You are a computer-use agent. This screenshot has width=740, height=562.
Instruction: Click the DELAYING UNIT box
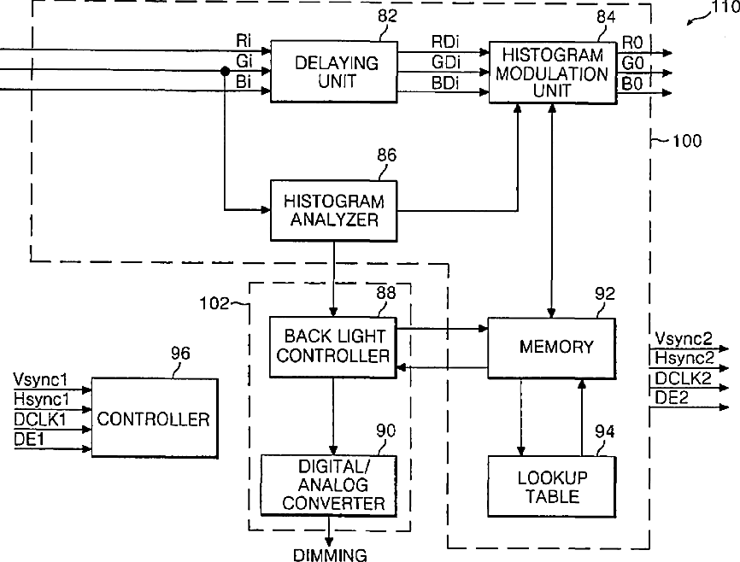(x=333, y=72)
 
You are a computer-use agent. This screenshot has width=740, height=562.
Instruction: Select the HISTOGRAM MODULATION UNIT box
(x=553, y=73)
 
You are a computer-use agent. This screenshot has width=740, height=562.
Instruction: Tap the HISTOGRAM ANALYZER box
(x=333, y=210)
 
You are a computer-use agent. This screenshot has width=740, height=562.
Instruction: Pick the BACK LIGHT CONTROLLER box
(x=332, y=347)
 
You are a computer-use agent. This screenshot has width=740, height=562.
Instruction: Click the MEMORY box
(x=552, y=348)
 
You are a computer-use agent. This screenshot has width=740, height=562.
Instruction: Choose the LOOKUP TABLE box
(x=552, y=486)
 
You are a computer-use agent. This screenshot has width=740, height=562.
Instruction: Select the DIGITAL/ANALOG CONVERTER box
(x=329, y=485)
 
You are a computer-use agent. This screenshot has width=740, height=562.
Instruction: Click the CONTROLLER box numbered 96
(x=155, y=418)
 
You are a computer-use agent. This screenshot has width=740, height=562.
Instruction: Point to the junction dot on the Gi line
(x=225, y=71)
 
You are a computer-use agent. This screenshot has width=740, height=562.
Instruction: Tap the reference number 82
(x=387, y=16)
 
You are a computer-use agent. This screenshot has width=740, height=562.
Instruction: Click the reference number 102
(x=214, y=303)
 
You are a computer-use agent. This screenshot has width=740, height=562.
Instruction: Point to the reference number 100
(x=687, y=141)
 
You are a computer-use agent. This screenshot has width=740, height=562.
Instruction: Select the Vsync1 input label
(x=40, y=379)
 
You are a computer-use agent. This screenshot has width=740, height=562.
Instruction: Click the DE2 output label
(x=671, y=398)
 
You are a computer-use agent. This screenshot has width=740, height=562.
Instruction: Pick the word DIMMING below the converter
(x=330, y=555)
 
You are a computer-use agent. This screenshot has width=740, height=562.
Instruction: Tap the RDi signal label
(x=445, y=42)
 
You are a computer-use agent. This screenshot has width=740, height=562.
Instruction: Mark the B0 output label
(x=632, y=84)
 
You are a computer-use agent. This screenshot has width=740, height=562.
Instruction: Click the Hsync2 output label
(x=684, y=358)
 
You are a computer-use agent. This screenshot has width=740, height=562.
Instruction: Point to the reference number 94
(x=604, y=431)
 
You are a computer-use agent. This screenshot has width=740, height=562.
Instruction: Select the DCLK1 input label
(x=39, y=419)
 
